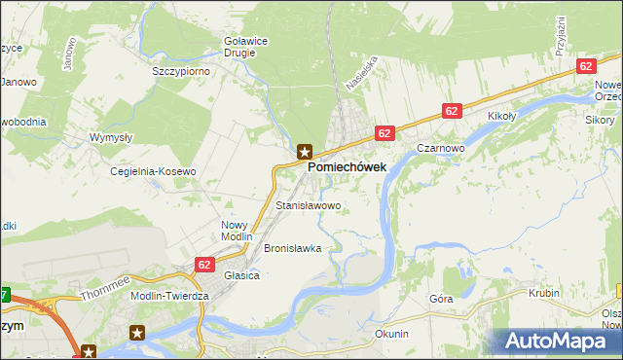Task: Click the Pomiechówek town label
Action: [x=347, y=167]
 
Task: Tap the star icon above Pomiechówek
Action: [x=305, y=151]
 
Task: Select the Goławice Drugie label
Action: [x=238, y=47]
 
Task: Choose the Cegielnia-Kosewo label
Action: [x=153, y=171]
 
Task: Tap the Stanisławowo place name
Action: [x=309, y=206]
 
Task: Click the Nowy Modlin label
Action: [x=237, y=231]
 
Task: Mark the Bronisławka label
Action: [x=292, y=248]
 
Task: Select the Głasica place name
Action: [x=241, y=275]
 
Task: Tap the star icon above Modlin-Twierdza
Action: [x=136, y=332]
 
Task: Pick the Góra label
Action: [x=441, y=300]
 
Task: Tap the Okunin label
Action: [x=391, y=334]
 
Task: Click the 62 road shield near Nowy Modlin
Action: [x=204, y=263]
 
